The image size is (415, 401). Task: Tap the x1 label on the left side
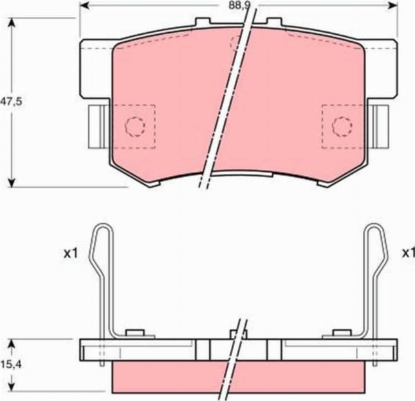point(69,254)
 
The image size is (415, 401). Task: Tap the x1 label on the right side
point(408,254)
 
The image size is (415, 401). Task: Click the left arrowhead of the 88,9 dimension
point(84,6)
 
